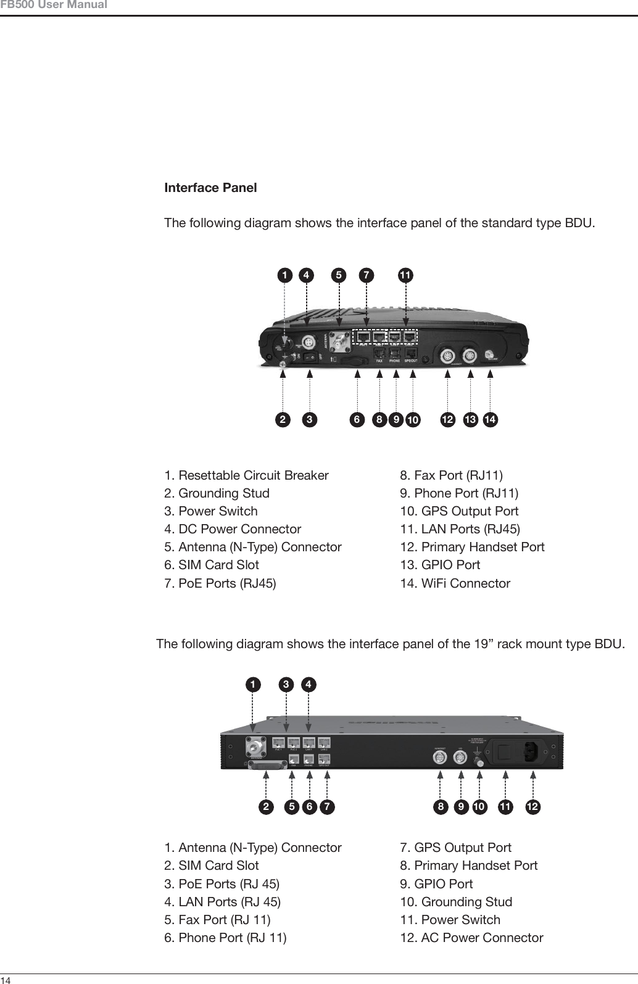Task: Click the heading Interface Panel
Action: [210, 188]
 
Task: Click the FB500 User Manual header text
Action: [54, 6]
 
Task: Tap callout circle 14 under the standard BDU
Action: [491, 420]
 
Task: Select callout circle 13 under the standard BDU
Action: [471, 420]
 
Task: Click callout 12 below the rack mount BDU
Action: [533, 807]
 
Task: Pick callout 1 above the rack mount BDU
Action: [252, 684]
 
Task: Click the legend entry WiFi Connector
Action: [455, 583]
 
